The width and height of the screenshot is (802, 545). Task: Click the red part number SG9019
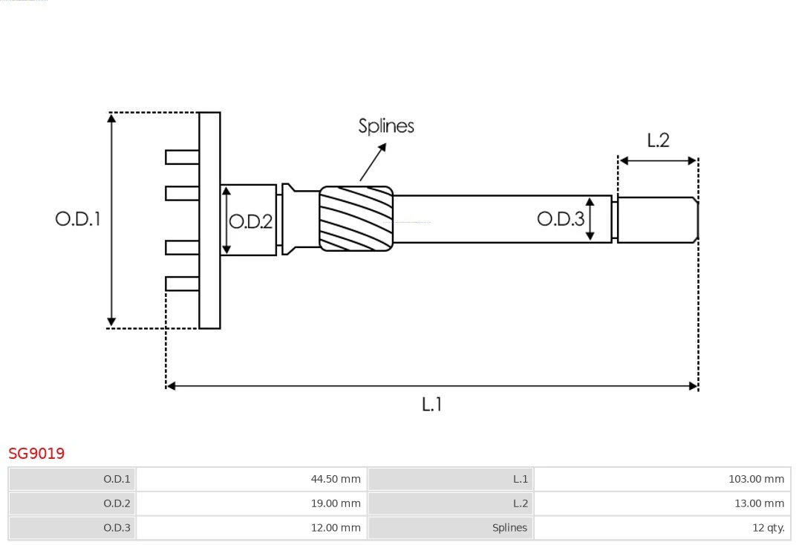[36, 453]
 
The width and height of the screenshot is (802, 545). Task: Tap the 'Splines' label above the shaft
[386, 126]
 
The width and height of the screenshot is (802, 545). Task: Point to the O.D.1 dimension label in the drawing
[78, 219]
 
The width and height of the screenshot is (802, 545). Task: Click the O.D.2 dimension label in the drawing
[250, 221]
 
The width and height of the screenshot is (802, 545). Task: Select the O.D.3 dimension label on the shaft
[561, 218]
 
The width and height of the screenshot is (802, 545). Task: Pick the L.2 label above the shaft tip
[658, 140]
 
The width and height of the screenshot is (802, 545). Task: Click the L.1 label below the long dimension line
[432, 405]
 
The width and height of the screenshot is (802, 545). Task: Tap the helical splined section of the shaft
[356, 218]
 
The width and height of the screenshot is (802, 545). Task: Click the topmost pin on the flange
[183, 157]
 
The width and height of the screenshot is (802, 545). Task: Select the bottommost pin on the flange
[183, 284]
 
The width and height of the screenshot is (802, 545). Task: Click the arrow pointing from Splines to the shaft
[374, 162]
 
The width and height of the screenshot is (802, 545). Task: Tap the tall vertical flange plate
[209, 220]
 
